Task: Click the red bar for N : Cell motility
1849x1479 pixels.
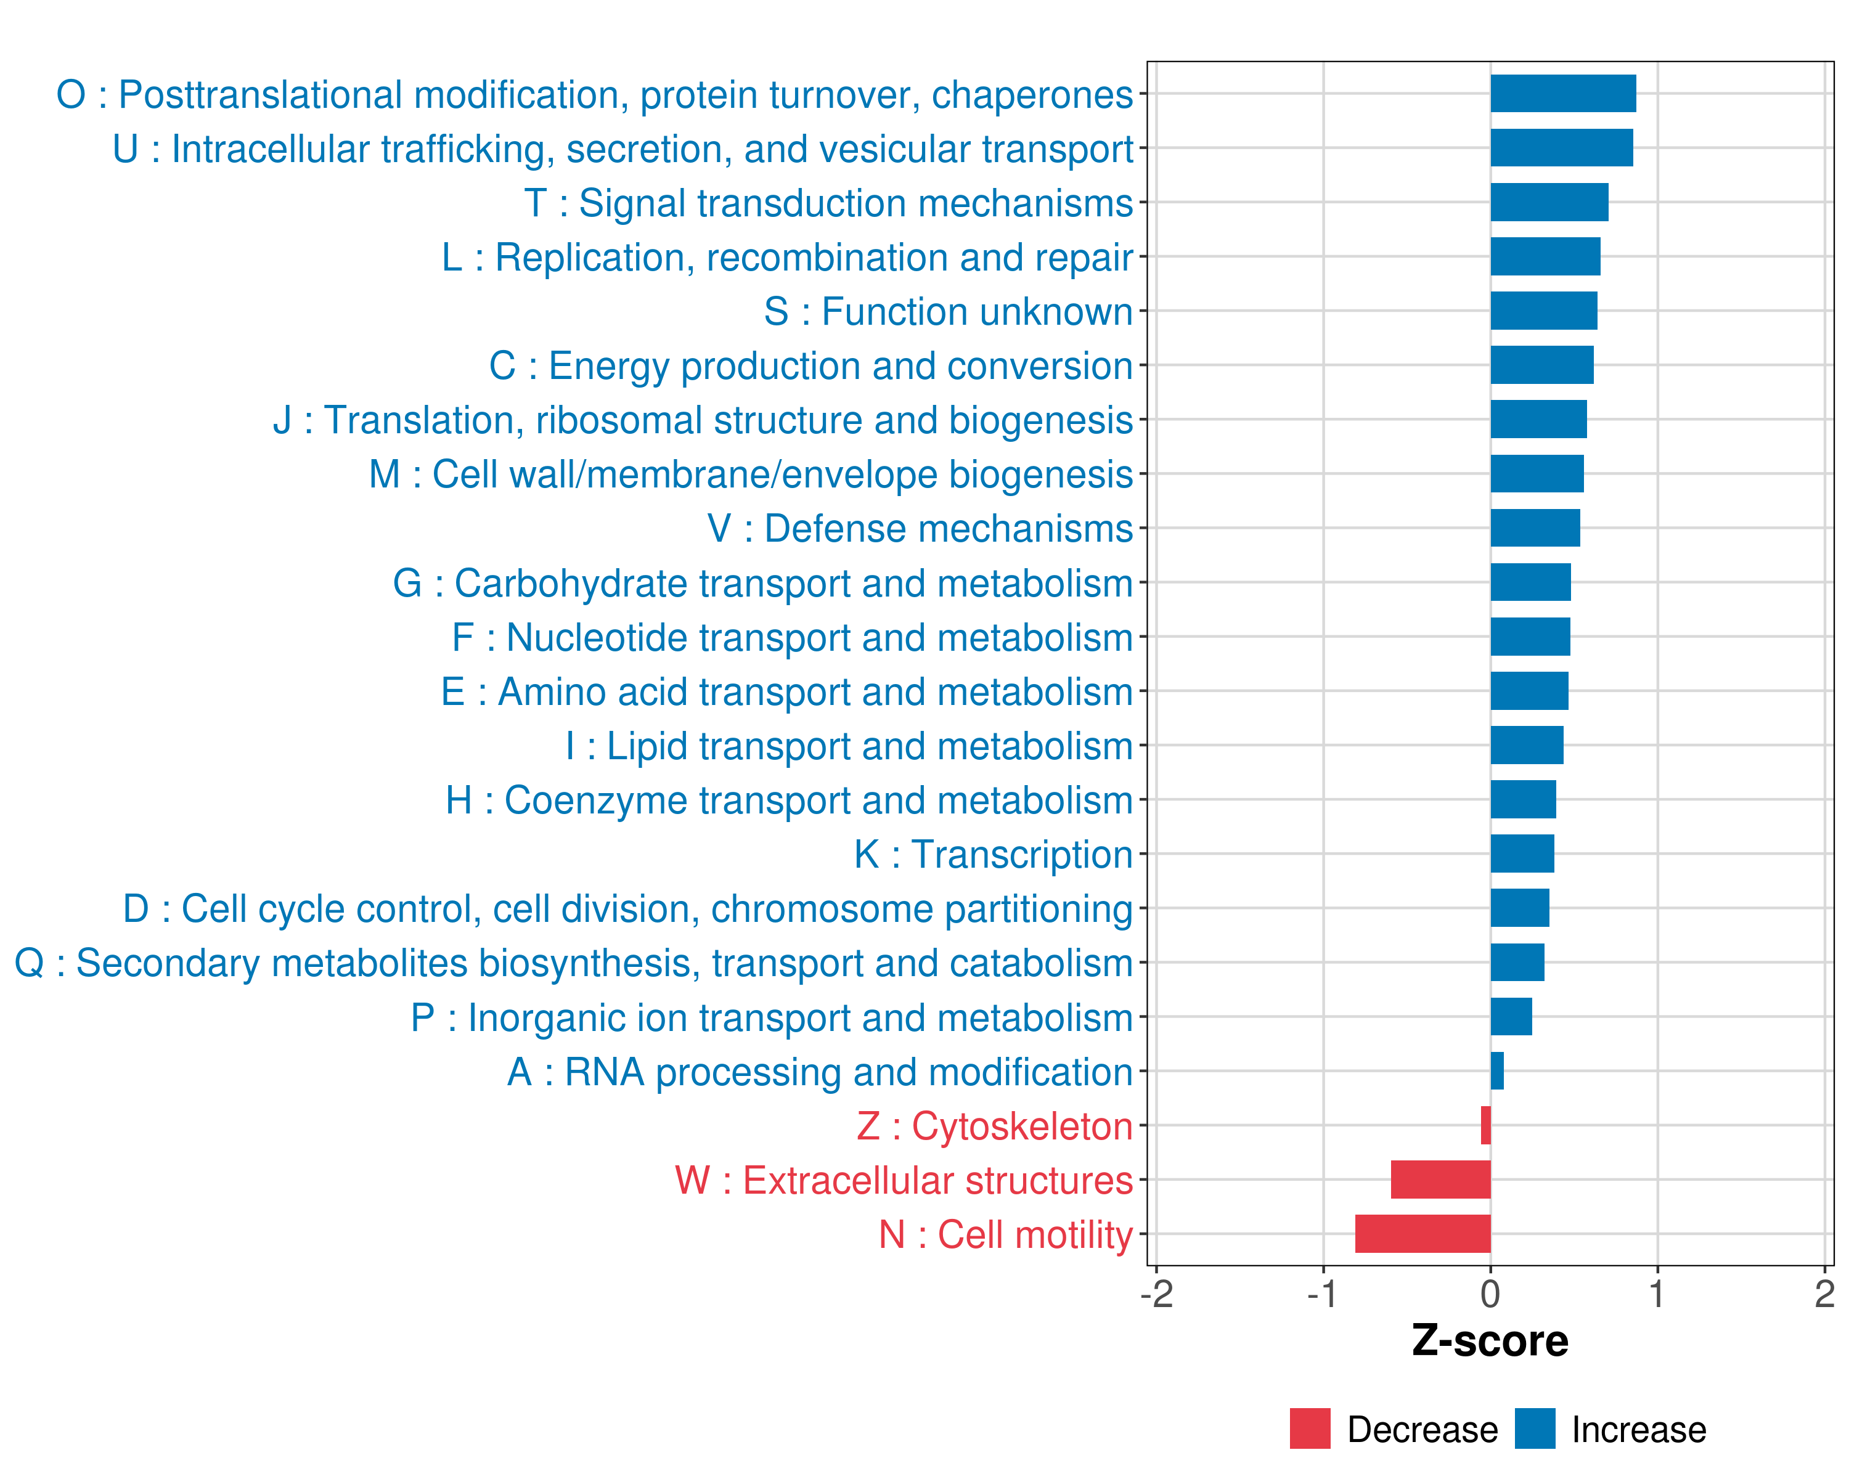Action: pyautogui.click(x=1422, y=1233)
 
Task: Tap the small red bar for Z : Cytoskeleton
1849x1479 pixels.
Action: pyautogui.click(x=1485, y=1125)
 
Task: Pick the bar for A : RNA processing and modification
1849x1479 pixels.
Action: pyautogui.click(x=1496, y=1071)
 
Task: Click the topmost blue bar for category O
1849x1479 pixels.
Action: pyautogui.click(x=1562, y=94)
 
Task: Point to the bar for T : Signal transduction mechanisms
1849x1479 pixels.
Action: pyautogui.click(x=1549, y=202)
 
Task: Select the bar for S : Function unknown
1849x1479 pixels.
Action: pyautogui.click(x=1544, y=311)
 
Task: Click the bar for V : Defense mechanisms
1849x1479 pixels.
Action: pyautogui.click(x=1535, y=528)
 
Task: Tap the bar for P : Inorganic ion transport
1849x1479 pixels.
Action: pyautogui.click(x=1511, y=1016)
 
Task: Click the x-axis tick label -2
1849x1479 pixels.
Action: pyautogui.click(x=1156, y=1293)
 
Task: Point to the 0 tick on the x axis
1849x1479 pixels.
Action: pyautogui.click(x=1490, y=1293)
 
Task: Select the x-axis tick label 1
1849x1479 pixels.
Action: pyautogui.click(x=1657, y=1293)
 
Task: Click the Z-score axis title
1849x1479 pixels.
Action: pyautogui.click(x=1490, y=1340)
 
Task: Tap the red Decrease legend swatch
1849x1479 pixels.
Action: pyautogui.click(x=1310, y=1428)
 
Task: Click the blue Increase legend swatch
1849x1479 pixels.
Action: pyautogui.click(x=1534, y=1428)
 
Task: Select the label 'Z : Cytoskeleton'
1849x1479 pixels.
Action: pyautogui.click(x=995, y=1126)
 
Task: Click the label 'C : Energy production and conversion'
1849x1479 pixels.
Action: pyautogui.click(x=810, y=366)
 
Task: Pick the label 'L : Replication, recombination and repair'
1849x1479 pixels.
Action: pyautogui.click(x=787, y=257)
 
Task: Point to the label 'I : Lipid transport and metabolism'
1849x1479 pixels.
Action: pyautogui.click(x=849, y=746)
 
